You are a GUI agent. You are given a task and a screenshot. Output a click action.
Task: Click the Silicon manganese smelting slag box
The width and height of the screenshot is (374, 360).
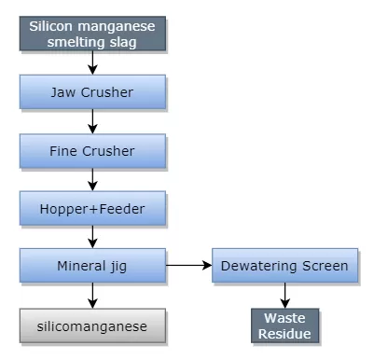coord(91,34)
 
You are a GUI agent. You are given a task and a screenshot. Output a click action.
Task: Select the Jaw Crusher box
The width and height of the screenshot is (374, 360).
coord(91,91)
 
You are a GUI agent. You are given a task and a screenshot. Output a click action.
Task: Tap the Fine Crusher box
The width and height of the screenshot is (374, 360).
coord(91,149)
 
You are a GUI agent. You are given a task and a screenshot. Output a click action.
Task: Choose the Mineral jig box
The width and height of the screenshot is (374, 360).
coord(91,266)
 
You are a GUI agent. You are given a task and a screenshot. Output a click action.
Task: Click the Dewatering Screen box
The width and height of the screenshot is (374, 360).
coord(284,266)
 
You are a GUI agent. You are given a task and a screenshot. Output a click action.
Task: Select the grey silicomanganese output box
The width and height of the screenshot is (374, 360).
coord(91,325)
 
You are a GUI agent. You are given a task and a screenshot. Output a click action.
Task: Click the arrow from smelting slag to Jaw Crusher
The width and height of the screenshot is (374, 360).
coord(91,62)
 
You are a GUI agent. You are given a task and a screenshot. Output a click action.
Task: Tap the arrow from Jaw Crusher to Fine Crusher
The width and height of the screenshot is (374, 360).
coord(91,120)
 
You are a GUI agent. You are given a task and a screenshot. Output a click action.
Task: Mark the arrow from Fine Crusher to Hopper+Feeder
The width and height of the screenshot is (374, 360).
coord(91,178)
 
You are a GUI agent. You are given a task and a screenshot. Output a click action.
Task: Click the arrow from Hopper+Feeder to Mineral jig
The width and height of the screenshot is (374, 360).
coord(91,236)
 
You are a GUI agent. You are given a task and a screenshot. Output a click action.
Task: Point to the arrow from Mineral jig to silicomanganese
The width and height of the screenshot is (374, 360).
coord(91,296)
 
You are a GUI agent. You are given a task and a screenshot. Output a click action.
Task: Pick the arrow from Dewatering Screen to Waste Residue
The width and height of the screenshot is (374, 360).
coord(284,296)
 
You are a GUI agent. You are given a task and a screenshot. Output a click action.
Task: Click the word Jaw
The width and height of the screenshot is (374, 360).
coord(62,92)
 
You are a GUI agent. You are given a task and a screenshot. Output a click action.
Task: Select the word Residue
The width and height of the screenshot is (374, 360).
coord(284,333)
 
